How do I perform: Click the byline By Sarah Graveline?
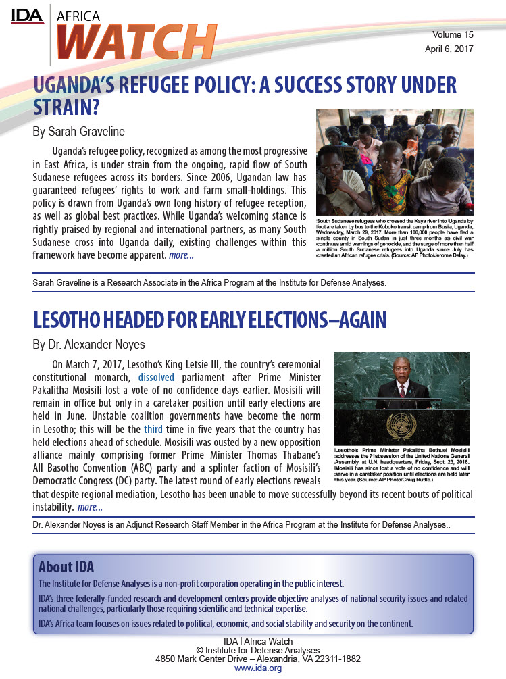pos(79,131)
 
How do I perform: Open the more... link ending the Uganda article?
pos(181,255)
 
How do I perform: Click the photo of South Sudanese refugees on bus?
pos(395,162)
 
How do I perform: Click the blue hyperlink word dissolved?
pos(156,376)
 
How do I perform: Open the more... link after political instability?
pos(90,507)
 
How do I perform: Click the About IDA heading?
pos(66,566)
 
